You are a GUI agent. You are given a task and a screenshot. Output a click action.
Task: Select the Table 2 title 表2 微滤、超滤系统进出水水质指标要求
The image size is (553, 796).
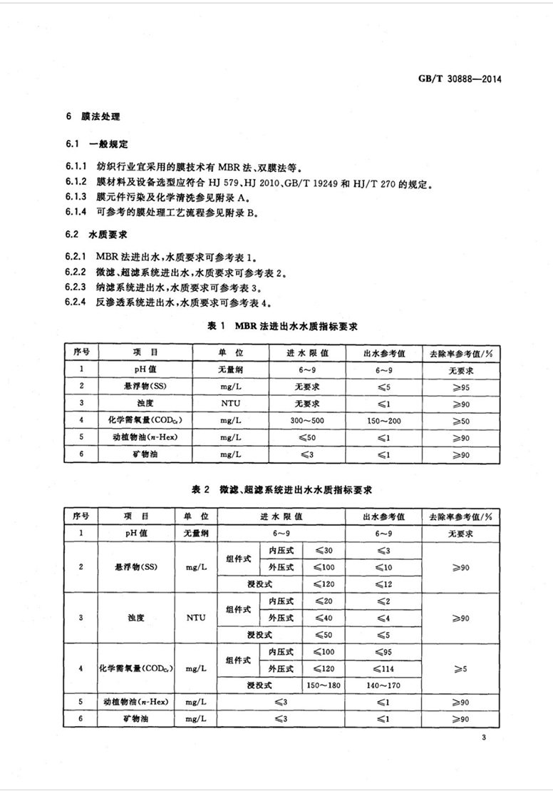[283, 491]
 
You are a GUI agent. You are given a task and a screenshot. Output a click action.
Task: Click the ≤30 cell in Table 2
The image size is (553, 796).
[323, 551]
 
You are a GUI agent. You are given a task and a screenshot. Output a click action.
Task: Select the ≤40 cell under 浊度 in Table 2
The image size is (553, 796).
[323, 617]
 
